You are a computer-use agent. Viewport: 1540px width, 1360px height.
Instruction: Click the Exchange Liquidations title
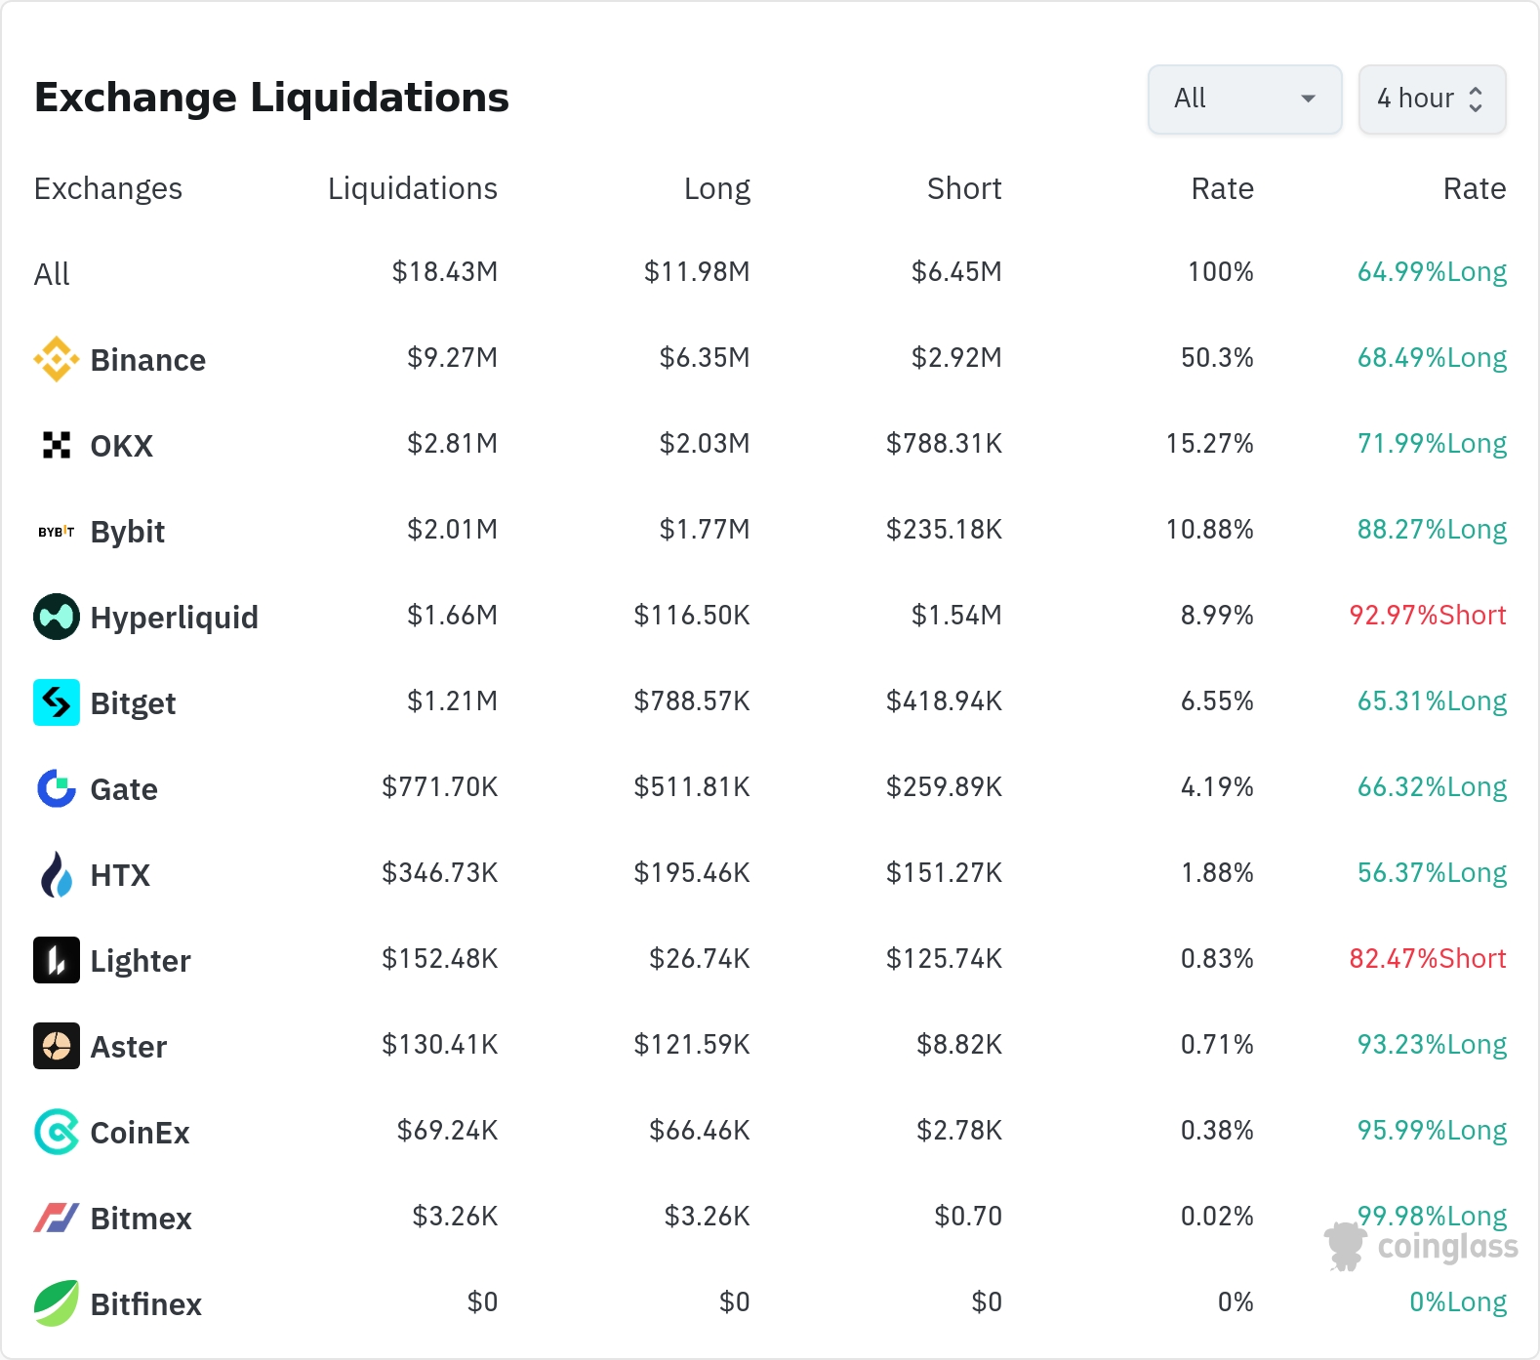click(271, 98)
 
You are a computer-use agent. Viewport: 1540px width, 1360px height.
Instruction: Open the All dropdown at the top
click(1244, 99)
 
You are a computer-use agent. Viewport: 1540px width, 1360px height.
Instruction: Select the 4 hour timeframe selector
click(1432, 99)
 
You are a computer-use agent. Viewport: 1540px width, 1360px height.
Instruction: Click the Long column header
click(717, 188)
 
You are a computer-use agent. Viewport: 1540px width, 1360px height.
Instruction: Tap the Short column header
click(964, 188)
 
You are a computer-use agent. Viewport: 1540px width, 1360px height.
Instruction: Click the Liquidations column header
click(413, 188)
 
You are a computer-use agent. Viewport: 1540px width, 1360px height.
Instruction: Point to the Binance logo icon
click(57, 359)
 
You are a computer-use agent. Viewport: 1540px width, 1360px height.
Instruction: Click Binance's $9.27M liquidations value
click(453, 358)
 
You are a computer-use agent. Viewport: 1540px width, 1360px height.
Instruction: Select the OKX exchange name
click(122, 446)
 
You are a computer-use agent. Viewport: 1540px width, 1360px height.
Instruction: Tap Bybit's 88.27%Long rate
click(1432, 530)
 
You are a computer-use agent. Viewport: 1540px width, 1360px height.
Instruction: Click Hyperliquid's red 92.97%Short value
click(1428, 616)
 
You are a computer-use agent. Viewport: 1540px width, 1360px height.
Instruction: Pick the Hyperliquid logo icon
click(57, 617)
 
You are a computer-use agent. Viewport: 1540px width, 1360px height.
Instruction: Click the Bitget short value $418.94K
click(944, 701)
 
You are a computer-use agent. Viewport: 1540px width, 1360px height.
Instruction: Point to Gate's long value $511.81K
click(692, 787)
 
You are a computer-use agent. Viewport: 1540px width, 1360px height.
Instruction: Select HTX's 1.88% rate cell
click(1217, 873)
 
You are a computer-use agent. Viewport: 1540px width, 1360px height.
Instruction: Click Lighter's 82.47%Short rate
click(1428, 959)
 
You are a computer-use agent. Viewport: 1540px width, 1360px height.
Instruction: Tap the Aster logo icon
click(57, 1046)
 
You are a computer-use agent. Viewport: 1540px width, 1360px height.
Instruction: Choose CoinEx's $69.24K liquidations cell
click(447, 1131)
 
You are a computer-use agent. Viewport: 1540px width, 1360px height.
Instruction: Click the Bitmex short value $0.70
click(968, 1217)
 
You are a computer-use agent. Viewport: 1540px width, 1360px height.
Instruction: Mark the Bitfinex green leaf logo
click(57, 1303)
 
